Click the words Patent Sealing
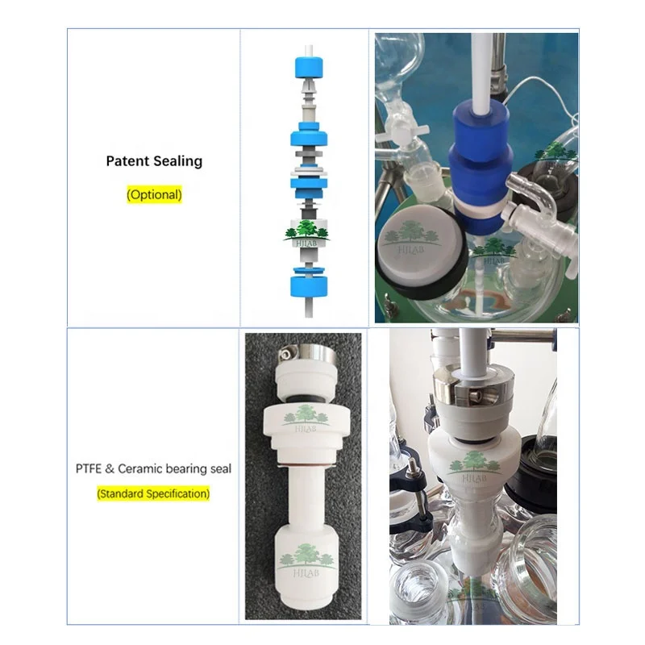pyautogui.click(x=154, y=161)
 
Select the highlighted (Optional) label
pyautogui.click(x=154, y=194)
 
